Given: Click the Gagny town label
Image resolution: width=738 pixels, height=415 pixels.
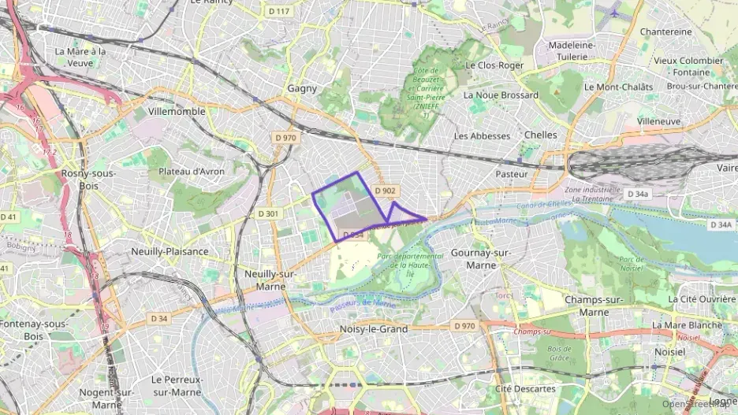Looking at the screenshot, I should pos(303,89).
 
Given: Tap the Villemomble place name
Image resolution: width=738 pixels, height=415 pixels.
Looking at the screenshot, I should pos(177,111).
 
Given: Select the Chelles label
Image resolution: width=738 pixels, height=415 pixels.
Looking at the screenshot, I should pos(540,135).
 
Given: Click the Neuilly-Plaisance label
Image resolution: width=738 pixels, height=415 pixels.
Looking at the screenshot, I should pos(170,251).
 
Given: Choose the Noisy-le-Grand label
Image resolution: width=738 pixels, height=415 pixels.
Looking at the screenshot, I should pos(374,329).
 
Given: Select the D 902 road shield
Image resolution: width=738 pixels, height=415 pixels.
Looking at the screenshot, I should pos(385,191).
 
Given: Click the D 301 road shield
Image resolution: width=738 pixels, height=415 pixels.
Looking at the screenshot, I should pos(268,213).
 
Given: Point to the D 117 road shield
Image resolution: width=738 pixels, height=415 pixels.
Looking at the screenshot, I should pos(279,11).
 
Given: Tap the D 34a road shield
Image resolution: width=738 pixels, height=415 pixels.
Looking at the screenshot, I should pos(637,194).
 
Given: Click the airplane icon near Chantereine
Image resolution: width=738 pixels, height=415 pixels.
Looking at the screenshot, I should pos(614,12).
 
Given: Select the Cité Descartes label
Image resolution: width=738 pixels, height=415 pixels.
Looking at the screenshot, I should pos(525,388).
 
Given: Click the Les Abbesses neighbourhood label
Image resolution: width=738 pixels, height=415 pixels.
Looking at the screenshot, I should pos(483,135).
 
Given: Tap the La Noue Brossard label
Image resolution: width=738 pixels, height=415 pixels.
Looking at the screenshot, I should pos(501,95).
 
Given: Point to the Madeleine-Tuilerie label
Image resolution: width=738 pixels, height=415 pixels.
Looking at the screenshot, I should pos(571,51).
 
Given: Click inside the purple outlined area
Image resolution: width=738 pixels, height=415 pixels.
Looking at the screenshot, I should pos(347,209).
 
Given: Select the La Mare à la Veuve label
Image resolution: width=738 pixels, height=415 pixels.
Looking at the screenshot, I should pos(80,57).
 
